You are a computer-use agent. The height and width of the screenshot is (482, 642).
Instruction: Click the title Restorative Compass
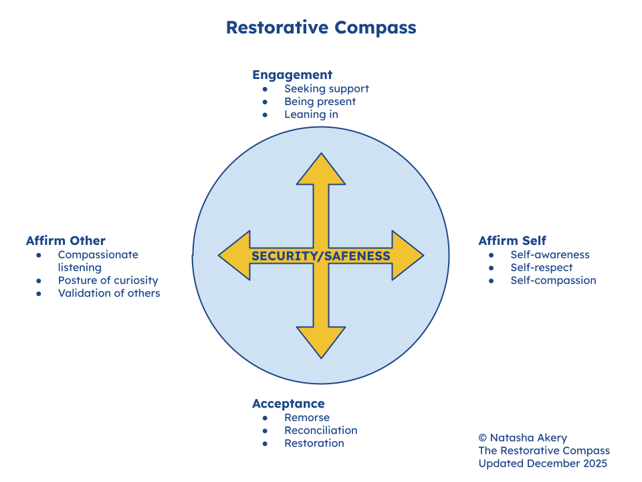tap(321, 28)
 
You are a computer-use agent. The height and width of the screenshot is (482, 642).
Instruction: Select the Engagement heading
tap(292, 75)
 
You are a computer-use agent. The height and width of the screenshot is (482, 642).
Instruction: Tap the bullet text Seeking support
tap(326, 88)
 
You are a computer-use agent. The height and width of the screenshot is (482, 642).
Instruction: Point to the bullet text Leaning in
tap(311, 114)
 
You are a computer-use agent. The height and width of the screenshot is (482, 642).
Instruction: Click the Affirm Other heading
tap(66, 241)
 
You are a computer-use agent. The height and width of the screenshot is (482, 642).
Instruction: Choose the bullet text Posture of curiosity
tap(108, 280)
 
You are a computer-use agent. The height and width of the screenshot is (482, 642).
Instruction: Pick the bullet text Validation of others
tap(109, 293)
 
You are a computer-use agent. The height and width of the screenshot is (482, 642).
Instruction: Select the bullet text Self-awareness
tap(550, 254)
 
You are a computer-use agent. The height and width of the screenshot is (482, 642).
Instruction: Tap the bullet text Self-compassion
tap(553, 280)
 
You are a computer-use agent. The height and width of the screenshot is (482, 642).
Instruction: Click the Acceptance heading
tap(288, 404)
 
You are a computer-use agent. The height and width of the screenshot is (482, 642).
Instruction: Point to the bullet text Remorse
tap(307, 418)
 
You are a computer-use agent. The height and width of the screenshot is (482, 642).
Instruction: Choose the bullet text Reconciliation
tap(321, 430)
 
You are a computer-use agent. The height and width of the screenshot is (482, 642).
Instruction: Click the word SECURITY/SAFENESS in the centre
tap(321, 256)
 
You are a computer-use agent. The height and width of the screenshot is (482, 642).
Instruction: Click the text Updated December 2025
tap(542, 463)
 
